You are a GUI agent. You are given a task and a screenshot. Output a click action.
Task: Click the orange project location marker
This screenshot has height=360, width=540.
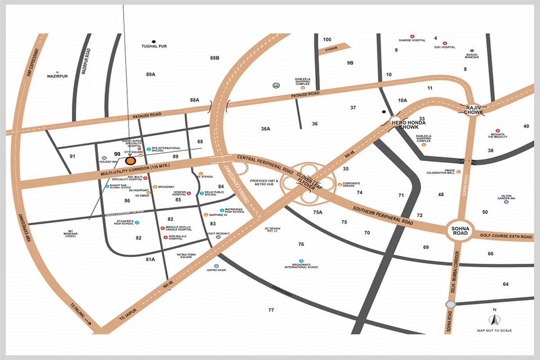pyautogui.click(x=130, y=161)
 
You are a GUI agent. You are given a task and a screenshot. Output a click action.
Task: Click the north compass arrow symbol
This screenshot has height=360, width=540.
pyautogui.click(x=494, y=320)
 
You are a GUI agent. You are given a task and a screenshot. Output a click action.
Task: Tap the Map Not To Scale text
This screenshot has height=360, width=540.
pyautogui.click(x=494, y=330)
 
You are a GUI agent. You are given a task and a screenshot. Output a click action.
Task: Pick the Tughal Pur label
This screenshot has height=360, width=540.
pyautogui.click(x=154, y=46)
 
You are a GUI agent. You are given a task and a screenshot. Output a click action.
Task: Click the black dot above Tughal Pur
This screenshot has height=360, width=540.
pyautogui.click(x=154, y=41)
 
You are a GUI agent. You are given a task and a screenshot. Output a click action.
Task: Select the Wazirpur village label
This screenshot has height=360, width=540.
pyautogui.click(x=57, y=76)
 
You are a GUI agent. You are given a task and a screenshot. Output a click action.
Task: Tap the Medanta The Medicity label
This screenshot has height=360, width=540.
pyautogui.click(x=498, y=135)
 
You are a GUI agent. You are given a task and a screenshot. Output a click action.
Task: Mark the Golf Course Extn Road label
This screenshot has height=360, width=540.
pyautogui.click(x=506, y=236)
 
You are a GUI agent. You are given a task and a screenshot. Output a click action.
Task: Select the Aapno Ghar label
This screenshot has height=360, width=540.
pyautogui.click(x=215, y=270)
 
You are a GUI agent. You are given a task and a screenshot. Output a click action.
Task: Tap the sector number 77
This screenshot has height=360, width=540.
pyautogui.click(x=271, y=310)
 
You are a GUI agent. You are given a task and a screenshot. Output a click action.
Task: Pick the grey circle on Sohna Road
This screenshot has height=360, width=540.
pyautogui.click(x=449, y=304)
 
